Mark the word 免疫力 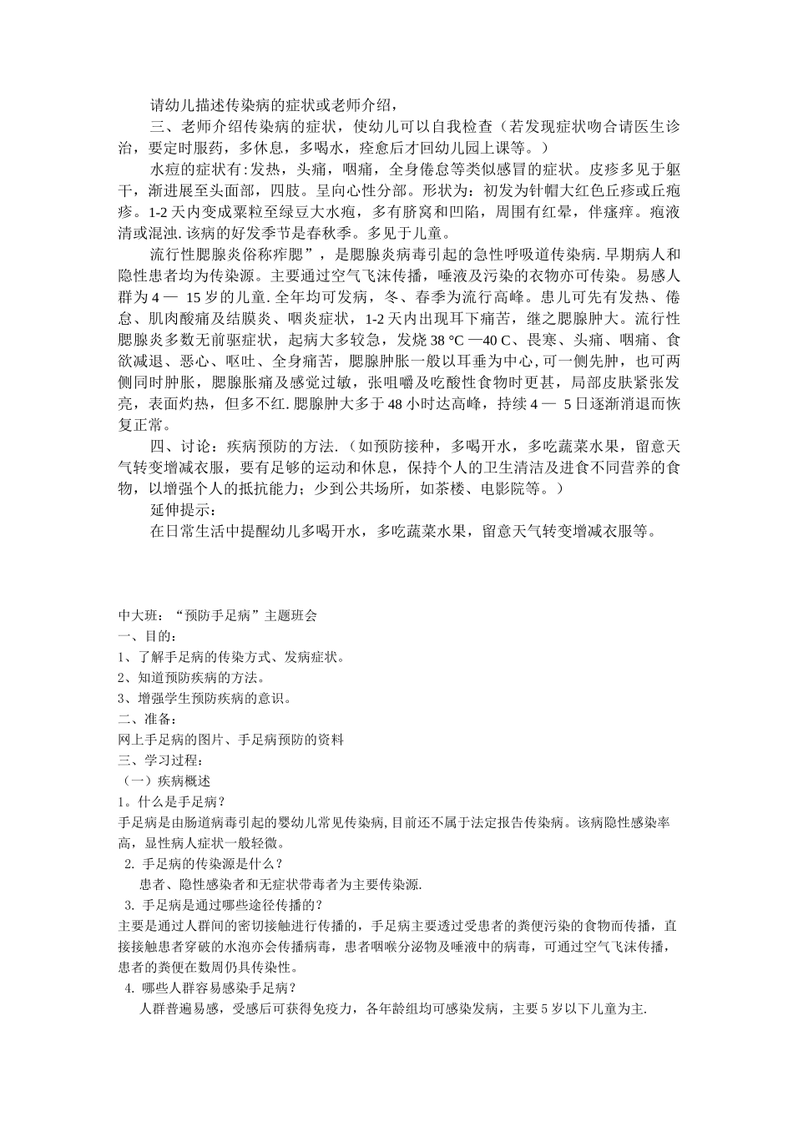[x=334, y=1008]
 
